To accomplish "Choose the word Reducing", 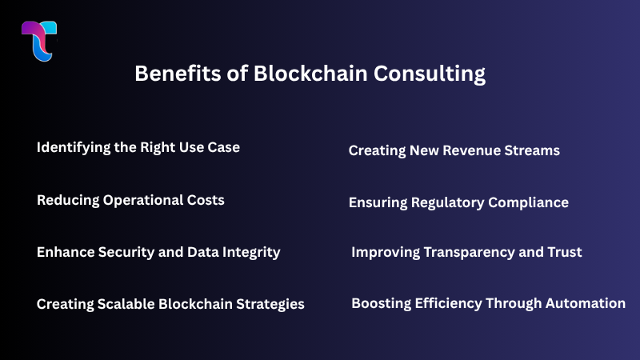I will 67,200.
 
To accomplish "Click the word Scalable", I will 130,304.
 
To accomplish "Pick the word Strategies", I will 270,304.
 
